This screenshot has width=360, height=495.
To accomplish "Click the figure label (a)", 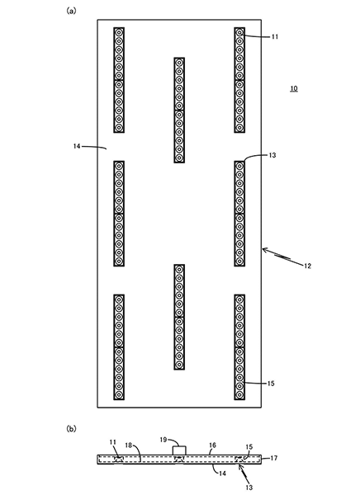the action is [x=71, y=11].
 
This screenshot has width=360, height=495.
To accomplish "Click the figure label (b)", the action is [x=71, y=428].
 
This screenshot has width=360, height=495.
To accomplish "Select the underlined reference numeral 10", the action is [x=294, y=88].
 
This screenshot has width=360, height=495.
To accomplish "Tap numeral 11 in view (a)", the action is [x=275, y=36].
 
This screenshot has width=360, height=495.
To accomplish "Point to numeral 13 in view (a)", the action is [x=272, y=155].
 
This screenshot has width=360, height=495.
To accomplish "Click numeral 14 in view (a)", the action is [x=77, y=146].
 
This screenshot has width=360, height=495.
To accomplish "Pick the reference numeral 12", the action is [x=307, y=266].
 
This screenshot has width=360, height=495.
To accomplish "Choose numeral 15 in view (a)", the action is [x=271, y=384].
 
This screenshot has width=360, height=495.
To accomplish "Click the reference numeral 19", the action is [x=163, y=440].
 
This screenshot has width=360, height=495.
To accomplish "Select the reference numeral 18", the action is [x=128, y=445].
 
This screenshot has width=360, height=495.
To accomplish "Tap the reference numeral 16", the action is [x=212, y=445].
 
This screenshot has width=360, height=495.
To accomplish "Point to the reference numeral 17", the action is [x=274, y=458].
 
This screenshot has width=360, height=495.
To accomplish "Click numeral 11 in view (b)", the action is [x=113, y=442].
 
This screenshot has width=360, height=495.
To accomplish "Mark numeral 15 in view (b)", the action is [x=249, y=446].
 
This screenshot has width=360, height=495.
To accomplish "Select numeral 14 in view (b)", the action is [x=222, y=474].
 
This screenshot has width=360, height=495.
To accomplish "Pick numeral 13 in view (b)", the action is [x=249, y=488].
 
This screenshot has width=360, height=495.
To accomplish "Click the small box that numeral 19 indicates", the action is [x=179, y=450].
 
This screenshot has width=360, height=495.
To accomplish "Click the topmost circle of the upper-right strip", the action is [x=239, y=32].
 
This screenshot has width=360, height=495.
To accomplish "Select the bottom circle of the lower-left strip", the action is [x=119, y=394].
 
